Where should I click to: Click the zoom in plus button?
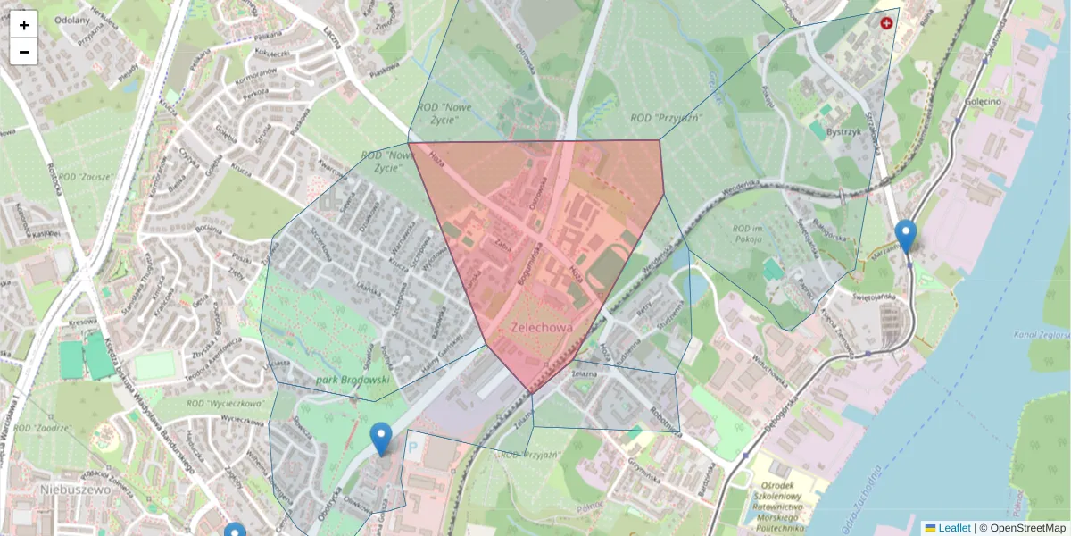pyautogui.click(x=24, y=25)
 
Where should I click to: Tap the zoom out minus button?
pyautogui.click(x=24, y=52)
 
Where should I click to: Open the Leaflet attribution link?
pyautogui.click(x=953, y=528)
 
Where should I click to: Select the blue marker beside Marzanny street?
pyautogui.click(x=906, y=237)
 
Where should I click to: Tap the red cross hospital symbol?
pyautogui.click(x=886, y=23)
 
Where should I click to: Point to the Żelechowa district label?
pyautogui.click(x=540, y=328)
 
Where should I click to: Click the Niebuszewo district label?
pyautogui.click(x=75, y=490)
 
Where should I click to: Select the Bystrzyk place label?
pyautogui.click(x=843, y=131)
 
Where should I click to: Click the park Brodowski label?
pyautogui.click(x=353, y=380)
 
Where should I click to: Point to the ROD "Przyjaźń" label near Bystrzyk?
pyautogui.click(x=666, y=117)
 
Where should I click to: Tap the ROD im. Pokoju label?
pyautogui.click(x=745, y=232)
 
